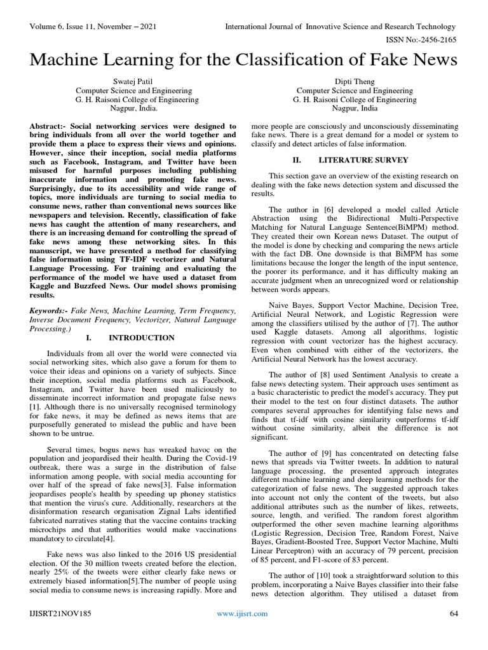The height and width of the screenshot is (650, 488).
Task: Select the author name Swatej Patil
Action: click(x=128, y=81)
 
